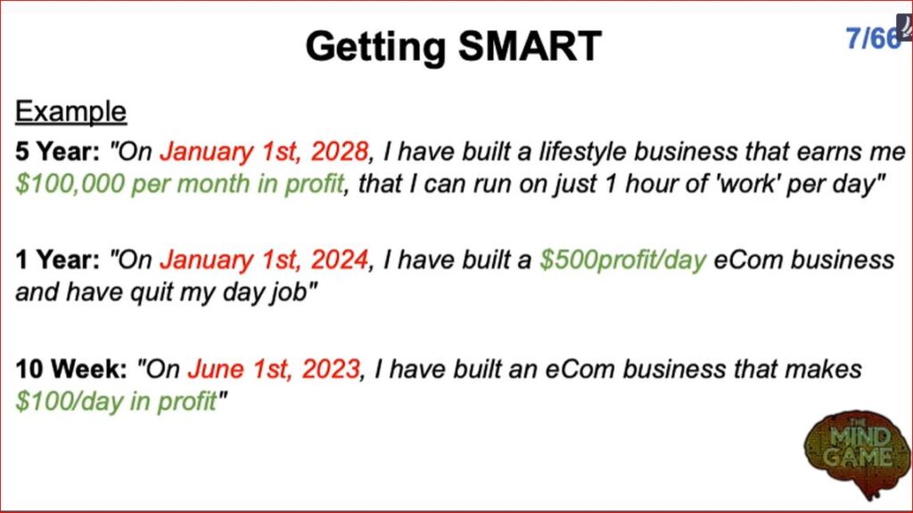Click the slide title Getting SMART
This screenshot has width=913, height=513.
[453, 46]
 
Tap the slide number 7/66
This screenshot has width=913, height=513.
[873, 38]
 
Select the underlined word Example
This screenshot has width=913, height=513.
[70, 112]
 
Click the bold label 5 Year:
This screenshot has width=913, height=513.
[58, 152]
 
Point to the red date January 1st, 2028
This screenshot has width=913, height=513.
[264, 152]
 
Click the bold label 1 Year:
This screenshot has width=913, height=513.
[58, 260]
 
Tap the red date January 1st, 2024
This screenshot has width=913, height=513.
[264, 260]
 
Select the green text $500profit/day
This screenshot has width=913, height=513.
[622, 260]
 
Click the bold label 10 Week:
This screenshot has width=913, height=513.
[71, 369]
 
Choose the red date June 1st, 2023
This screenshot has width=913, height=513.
[274, 369]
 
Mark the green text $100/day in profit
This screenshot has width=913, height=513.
[116, 401]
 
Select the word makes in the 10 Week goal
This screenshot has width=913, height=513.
[823, 369]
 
